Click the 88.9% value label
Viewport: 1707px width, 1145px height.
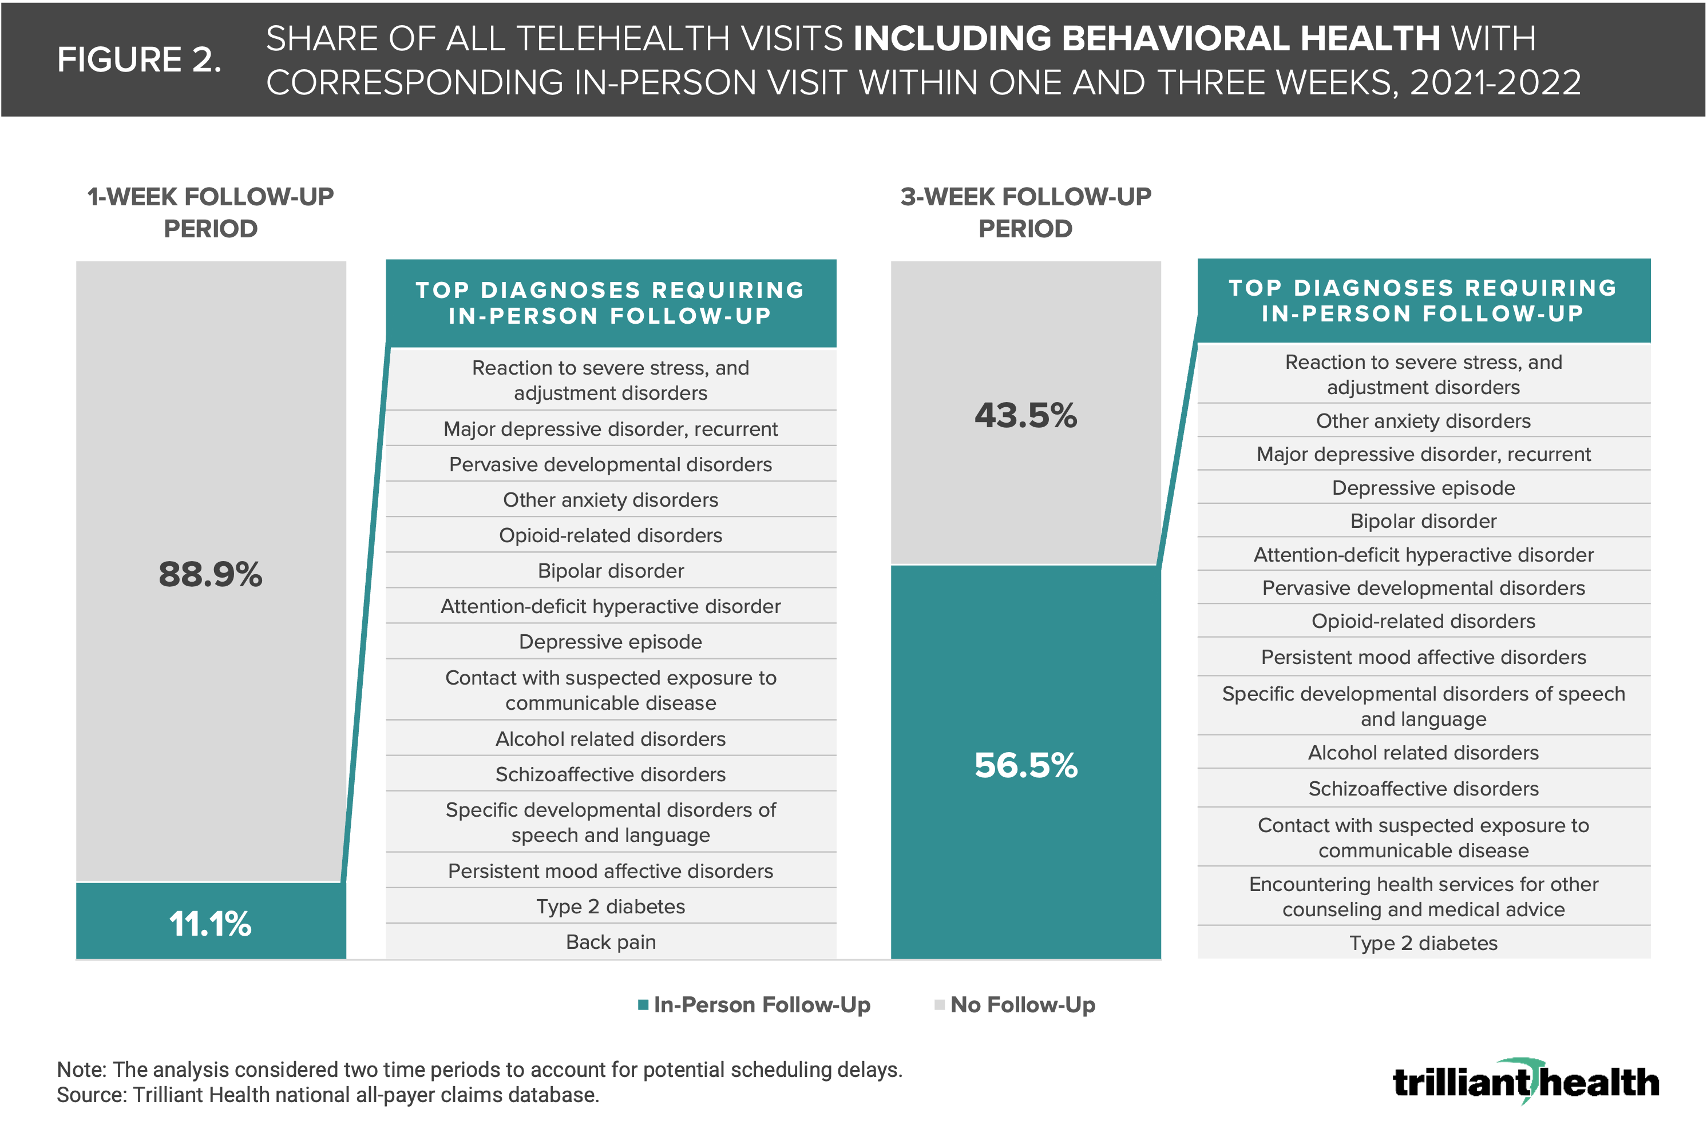(x=211, y=574)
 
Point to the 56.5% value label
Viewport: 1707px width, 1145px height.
(x=1025, y=765)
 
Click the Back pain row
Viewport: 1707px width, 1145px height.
(x=611, y=942)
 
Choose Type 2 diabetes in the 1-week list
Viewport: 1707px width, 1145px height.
(x=611, y=906)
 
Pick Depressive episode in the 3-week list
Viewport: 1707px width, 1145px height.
(x=1423, y=488)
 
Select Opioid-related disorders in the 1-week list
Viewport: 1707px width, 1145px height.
(x=611, y=535)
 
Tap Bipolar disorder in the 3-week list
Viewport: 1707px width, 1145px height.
(x=1423, y=522)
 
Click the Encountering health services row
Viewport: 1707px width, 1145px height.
(x=1423, y=897)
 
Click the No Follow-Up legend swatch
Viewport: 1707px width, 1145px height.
(x=939, y=1005)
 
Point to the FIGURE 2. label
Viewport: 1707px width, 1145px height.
(x=139, y=60)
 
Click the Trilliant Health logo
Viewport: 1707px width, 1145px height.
(x=1525, y=1082)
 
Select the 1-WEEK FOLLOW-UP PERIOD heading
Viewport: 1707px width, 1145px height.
(x=211, y=213)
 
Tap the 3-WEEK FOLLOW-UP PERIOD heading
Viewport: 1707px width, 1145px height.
(x=1025, y=213)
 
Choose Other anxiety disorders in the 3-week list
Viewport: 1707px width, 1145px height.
(x=1423, y=422)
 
